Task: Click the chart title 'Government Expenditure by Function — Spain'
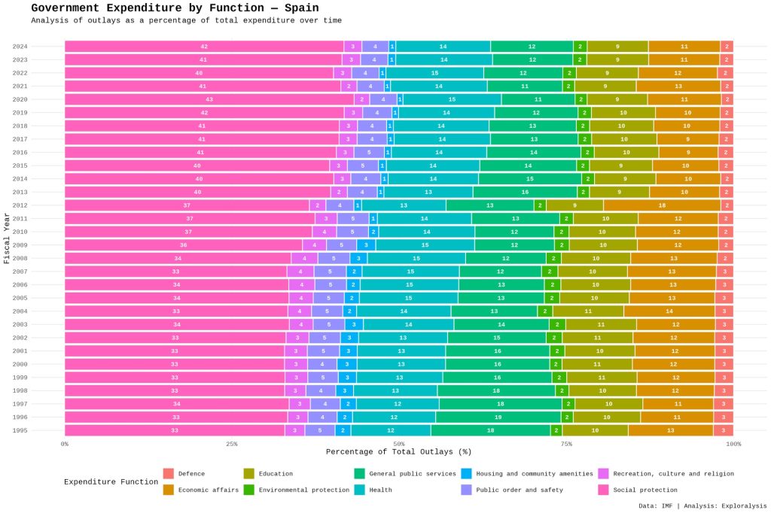[175, 8]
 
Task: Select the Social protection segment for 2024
[204, 47]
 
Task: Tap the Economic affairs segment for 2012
[662, 205]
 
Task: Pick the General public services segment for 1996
[498, 417]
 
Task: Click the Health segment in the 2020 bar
[452, 99]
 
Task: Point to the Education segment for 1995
[595, 430]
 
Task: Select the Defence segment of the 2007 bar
[724, 272]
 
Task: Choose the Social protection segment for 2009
[184, 245]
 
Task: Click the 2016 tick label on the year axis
[20, 153]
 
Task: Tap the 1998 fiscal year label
[20, 390]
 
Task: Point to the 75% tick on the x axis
[566, 444]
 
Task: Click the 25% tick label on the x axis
[232, 444]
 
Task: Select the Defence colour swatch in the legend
[169, 473]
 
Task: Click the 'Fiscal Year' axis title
[6, 238]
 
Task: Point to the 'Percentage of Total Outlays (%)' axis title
[399, 452]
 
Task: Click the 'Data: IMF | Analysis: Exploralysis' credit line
[702, 505]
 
